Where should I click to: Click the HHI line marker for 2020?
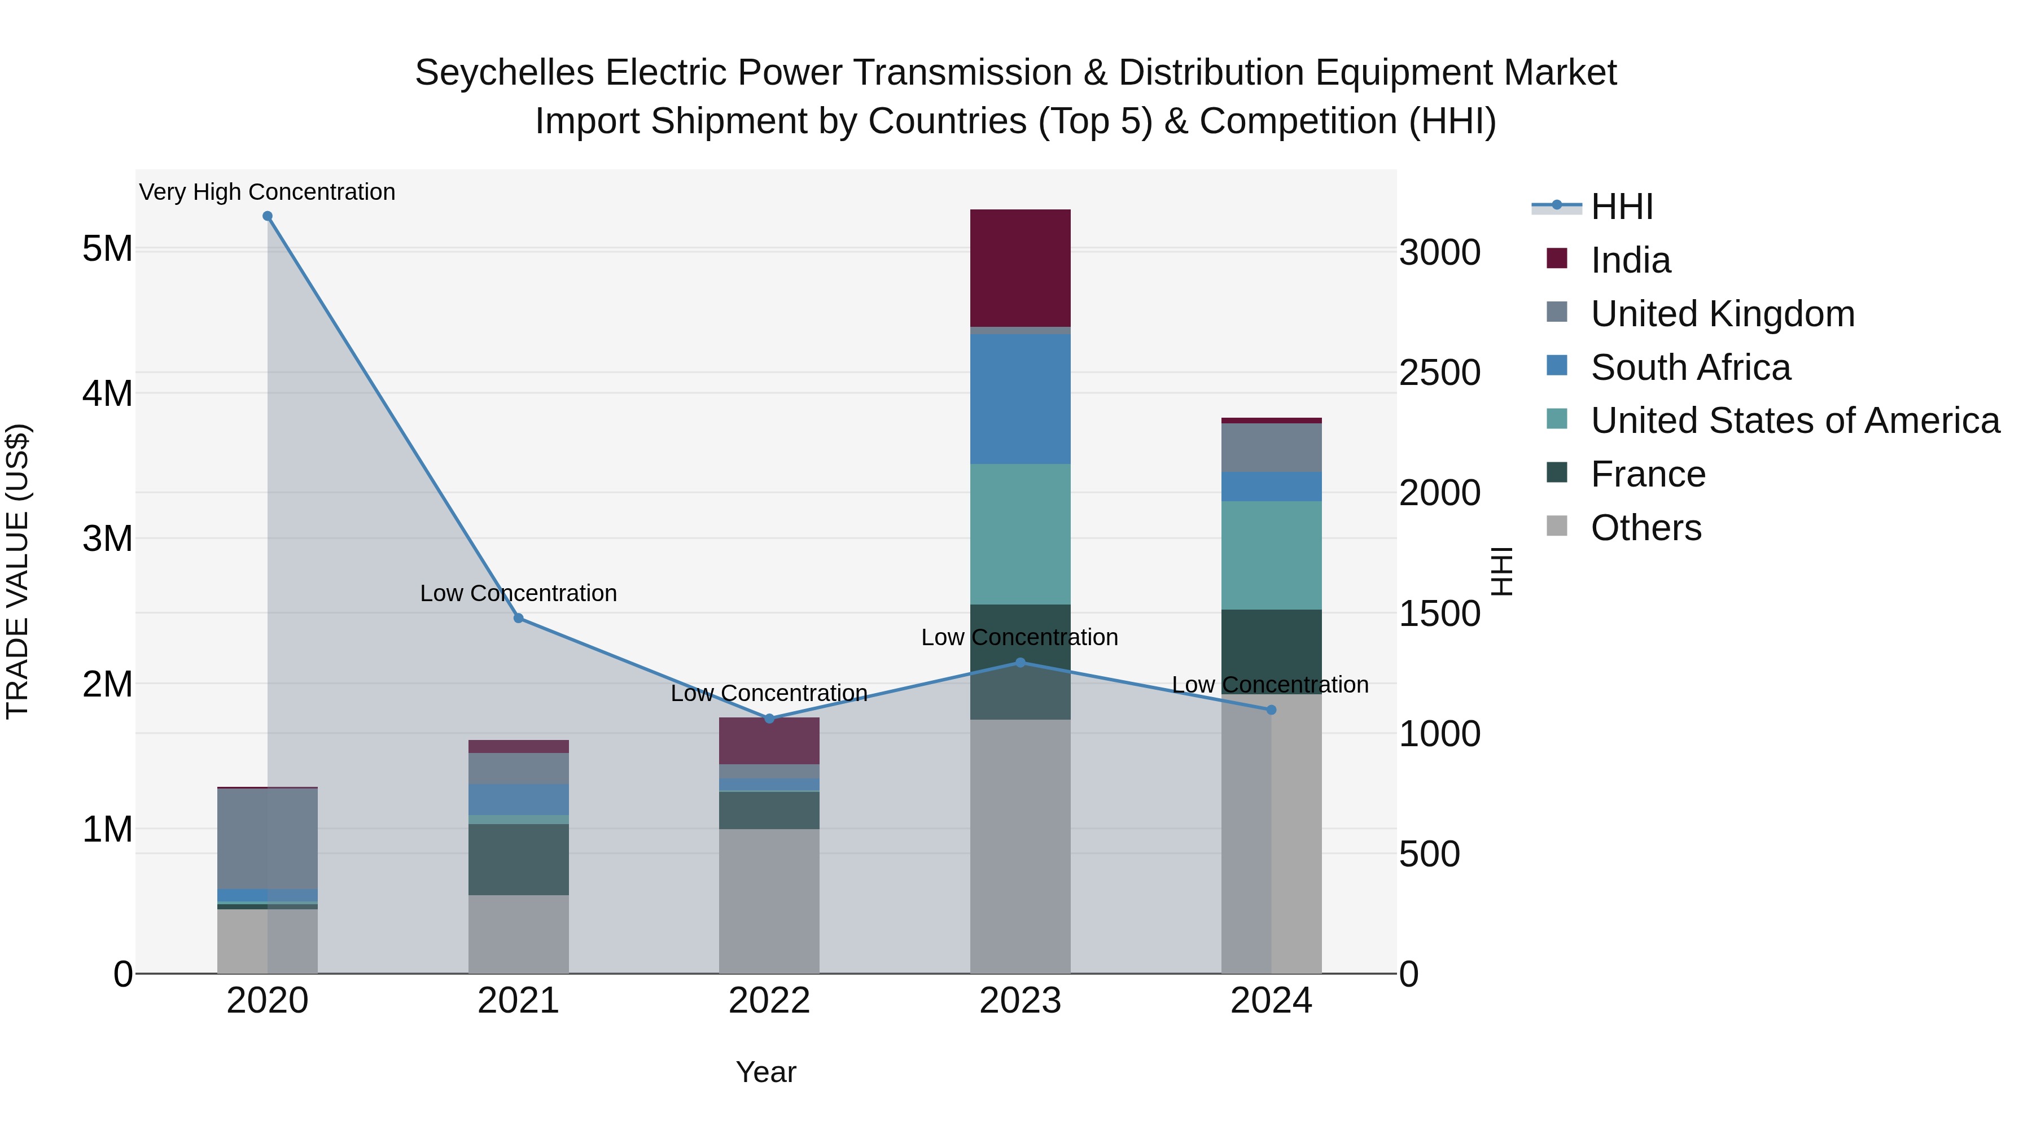point(268,216)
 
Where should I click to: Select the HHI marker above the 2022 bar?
point(770,719)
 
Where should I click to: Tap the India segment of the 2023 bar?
point(1020,268)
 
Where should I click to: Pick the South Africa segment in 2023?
point(1020,399)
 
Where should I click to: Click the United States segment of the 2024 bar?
point(1271,555)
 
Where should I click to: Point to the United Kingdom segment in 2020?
point(268,839)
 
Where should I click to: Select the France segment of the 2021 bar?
point(518,859)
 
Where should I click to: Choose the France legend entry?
point(1647,474)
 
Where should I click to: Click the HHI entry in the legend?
point(1621,207)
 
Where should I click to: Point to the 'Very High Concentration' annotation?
point(268,192)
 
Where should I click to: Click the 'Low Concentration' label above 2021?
point(518,593)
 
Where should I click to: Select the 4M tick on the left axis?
point(107,393)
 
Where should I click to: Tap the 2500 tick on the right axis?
point(1439,373)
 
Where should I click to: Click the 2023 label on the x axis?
point(1020,1001)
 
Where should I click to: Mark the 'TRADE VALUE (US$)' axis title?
point(17,571)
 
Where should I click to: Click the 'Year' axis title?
point(766,1072)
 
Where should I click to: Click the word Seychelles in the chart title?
point(504,73)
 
